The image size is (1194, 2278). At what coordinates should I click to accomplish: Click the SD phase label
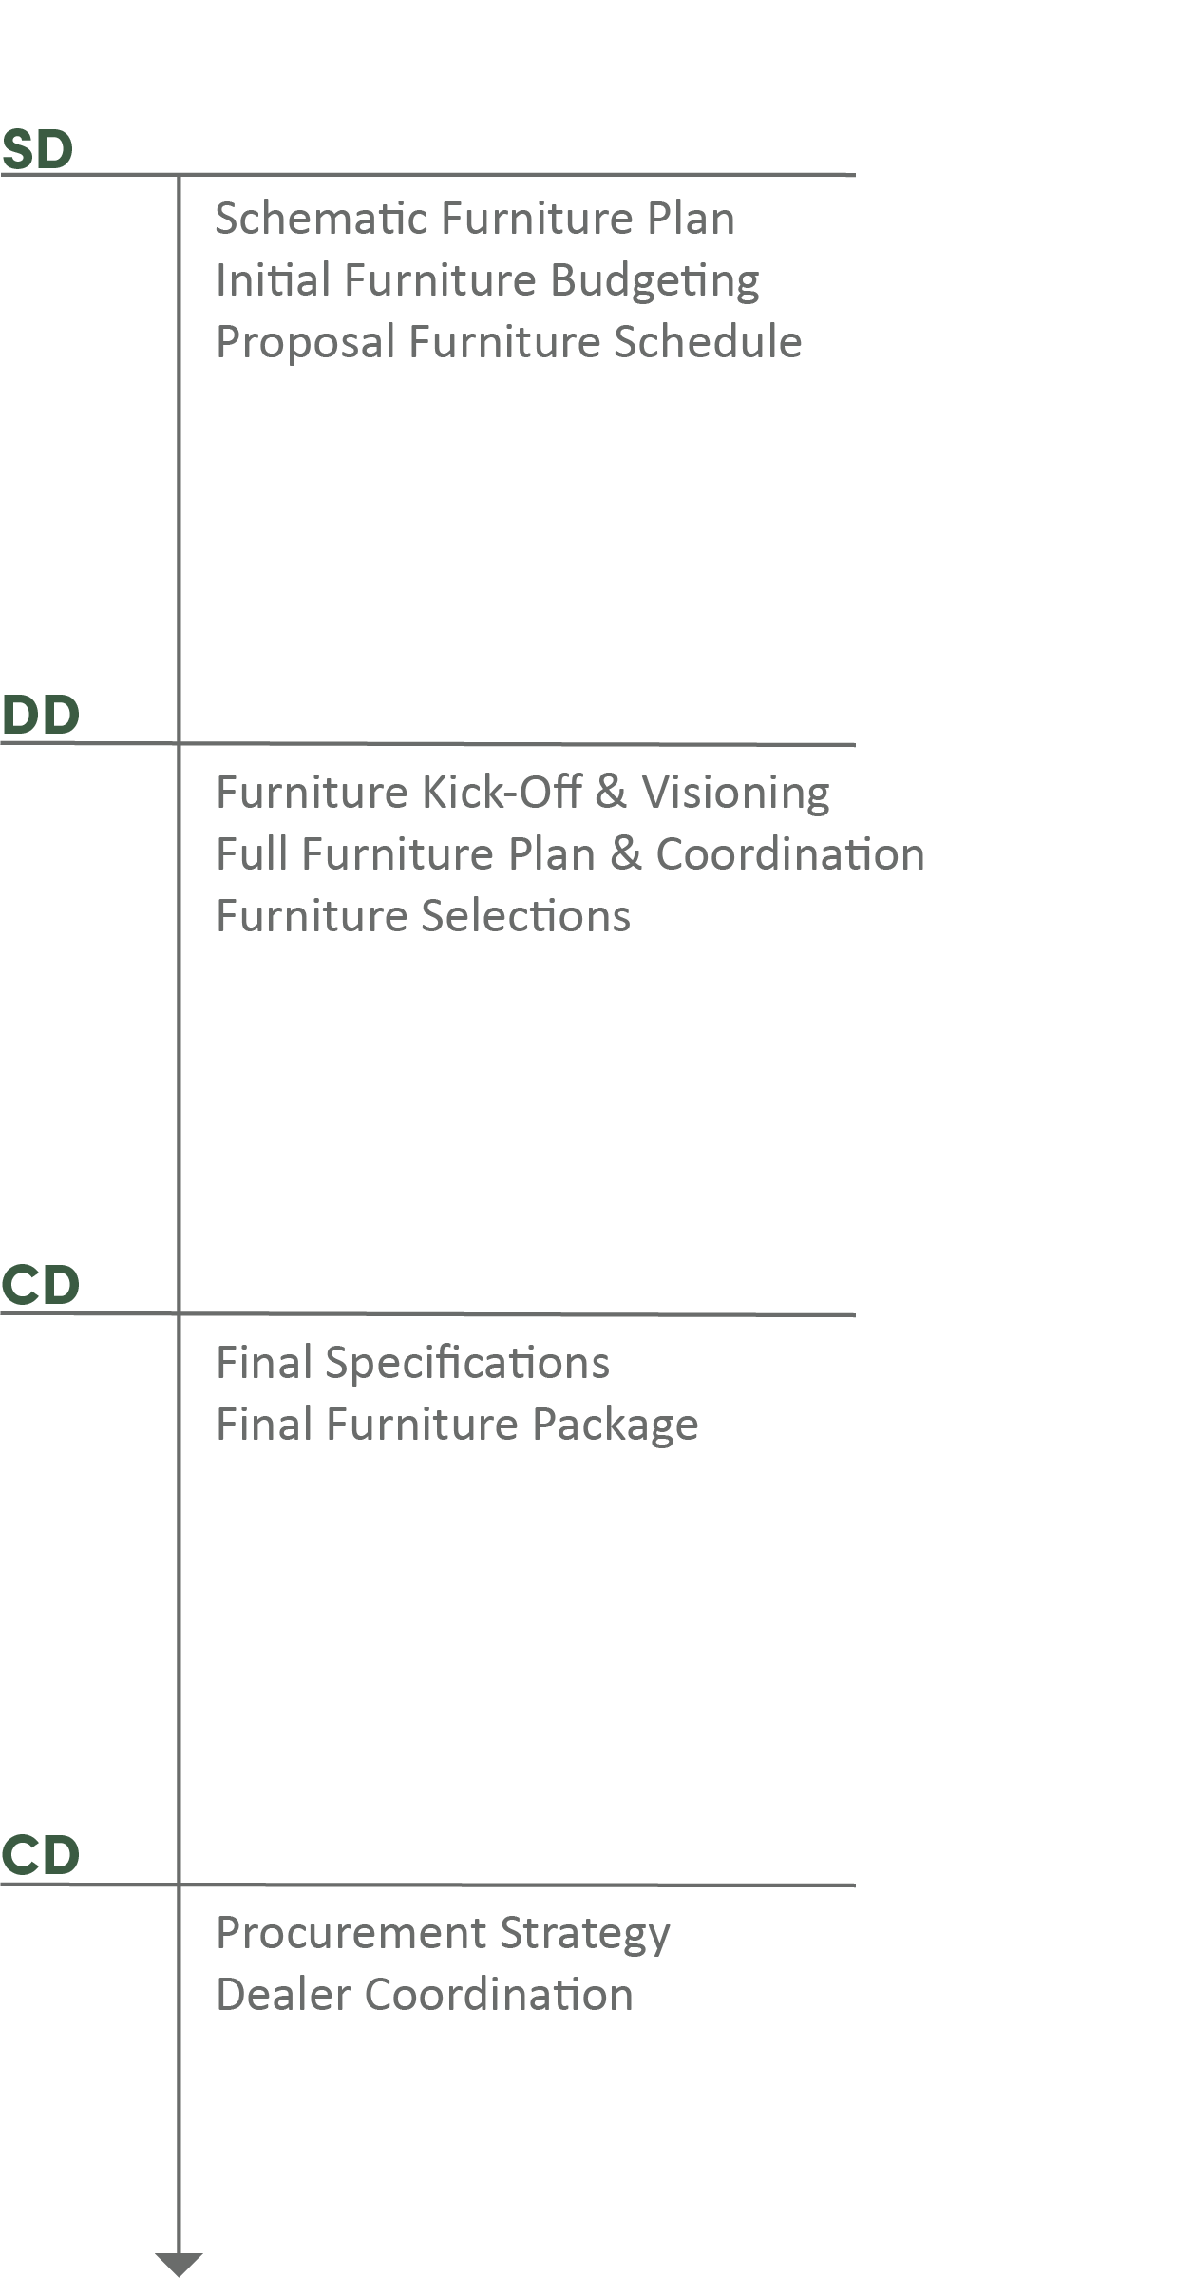[x=37, y=150]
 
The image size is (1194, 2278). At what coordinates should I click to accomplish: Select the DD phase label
[x=40, y=716]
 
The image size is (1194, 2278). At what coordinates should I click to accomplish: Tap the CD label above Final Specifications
[x=40, y=1286]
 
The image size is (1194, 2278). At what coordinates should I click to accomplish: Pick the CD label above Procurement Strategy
[x=40, y=1855]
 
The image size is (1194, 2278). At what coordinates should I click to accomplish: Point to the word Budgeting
[x=654, y=281]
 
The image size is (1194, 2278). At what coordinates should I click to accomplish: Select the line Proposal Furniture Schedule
[x=508, y=342]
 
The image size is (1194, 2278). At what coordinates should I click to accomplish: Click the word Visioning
[x=735, y=793]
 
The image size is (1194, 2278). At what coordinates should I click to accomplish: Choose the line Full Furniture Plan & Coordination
[x=570, y=853]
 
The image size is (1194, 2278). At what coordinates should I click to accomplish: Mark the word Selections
[x=525, y=916]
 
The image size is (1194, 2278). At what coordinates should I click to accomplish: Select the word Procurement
[x=351, y=1932]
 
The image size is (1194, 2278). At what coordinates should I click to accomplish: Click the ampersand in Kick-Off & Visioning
[x=611, y=793]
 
